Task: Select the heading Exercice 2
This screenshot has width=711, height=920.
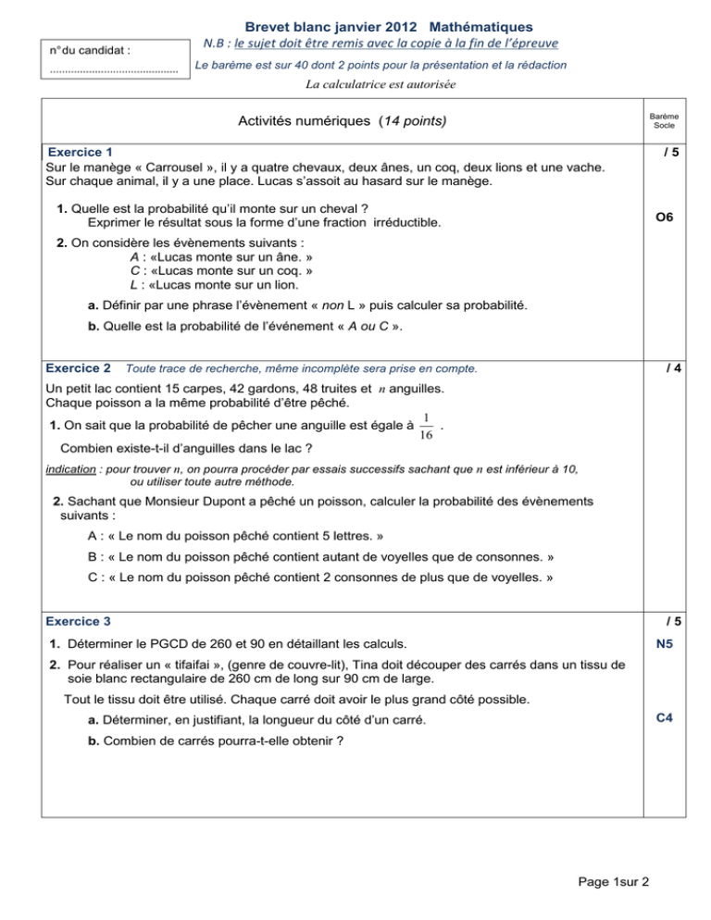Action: point(79,368)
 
